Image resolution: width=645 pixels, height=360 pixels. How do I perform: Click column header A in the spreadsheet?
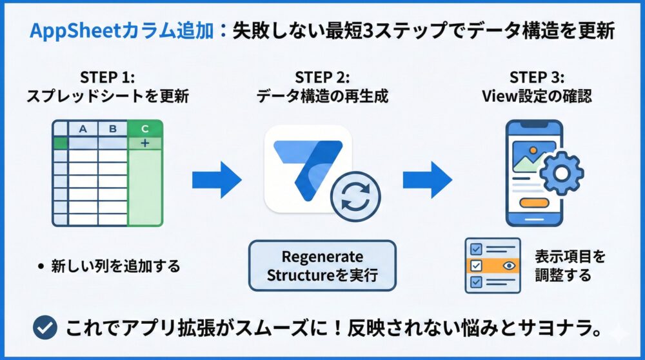click(83, 129)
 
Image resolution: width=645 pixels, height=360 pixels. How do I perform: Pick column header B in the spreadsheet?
click(113, 129)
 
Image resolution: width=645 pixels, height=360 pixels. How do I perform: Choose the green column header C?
click(145, 129)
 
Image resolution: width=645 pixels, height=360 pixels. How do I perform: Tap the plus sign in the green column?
click(145, 143)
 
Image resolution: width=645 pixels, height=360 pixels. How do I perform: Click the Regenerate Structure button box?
click(322, 266)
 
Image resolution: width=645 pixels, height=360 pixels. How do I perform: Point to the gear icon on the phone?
click(561, 174)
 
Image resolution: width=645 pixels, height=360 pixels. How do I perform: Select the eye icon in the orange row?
click(508, 265)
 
